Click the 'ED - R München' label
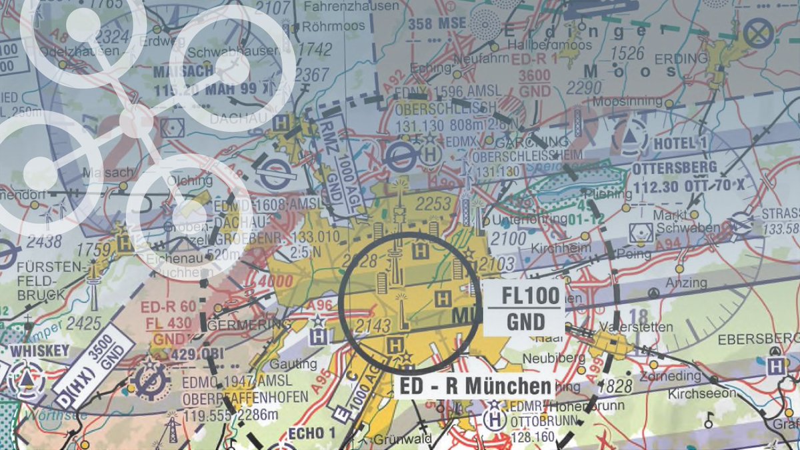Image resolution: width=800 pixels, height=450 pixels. pos(474,386)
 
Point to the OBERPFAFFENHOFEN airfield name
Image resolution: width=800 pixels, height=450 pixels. pos(245,398)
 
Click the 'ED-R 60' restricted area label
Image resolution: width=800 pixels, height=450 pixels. pos(159,308)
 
